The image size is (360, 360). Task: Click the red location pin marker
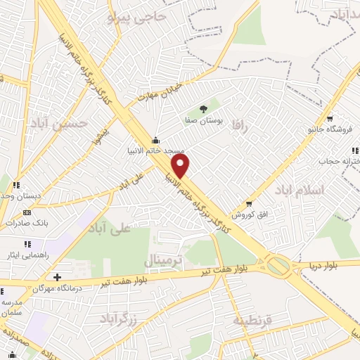(x=181, y=166)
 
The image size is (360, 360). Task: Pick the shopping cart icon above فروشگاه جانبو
(x=329, y=118)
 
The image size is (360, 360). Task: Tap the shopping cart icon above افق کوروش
(x=249, y=203)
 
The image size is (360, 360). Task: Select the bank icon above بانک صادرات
(x=27, y=212)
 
